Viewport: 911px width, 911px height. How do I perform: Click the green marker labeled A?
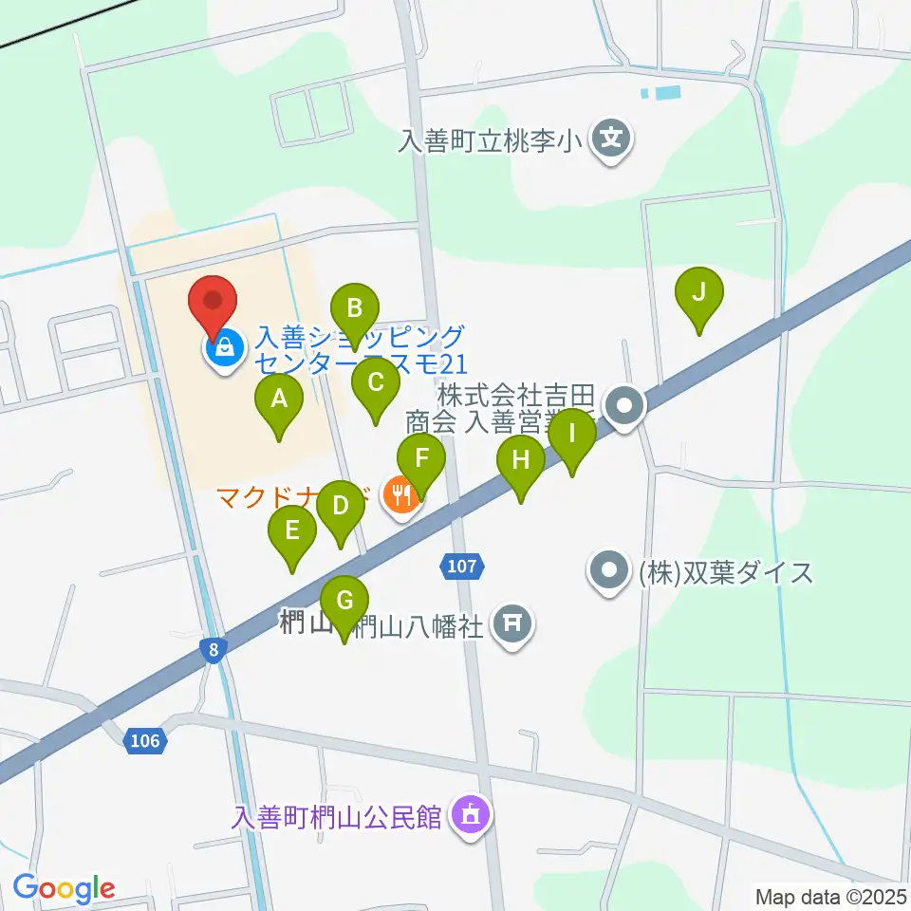[279, 400]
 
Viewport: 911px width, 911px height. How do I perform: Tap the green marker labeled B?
[355, 309]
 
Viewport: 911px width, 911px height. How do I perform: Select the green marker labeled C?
[375, 384]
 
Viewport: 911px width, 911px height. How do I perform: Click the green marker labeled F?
[422, 459]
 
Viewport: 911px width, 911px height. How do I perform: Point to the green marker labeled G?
[344, 602]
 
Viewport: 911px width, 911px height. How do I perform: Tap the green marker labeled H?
[521, 462]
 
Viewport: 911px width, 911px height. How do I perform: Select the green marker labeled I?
[572, 436]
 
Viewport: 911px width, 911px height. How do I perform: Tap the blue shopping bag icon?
[224, 348]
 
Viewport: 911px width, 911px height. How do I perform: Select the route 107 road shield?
[462, 567]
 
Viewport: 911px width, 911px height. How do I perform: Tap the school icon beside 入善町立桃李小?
[614, 140]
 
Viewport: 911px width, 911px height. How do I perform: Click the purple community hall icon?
[469, 814]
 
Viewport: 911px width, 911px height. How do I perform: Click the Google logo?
[64, 888]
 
